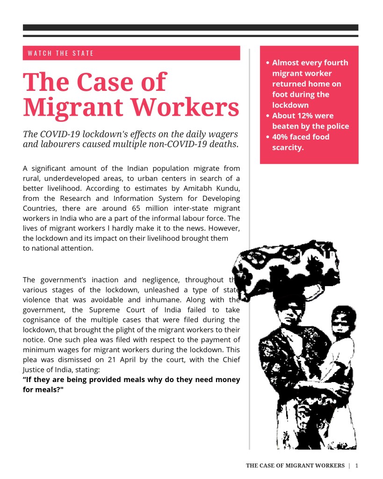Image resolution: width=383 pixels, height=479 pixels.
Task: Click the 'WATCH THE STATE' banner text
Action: click(x=61, y=53)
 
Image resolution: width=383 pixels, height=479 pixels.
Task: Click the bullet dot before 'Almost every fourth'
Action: click(x=267, y=63)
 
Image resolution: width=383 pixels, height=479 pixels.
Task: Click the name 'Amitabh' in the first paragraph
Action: click(x=191, y=188)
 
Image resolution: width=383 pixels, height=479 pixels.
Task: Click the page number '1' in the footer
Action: click(x=357, y=465)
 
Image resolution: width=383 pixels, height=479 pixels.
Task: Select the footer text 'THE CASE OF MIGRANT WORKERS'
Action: click(x=295, y=465)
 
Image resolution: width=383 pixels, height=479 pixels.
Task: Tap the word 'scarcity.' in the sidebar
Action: click(x=288, y=147)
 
